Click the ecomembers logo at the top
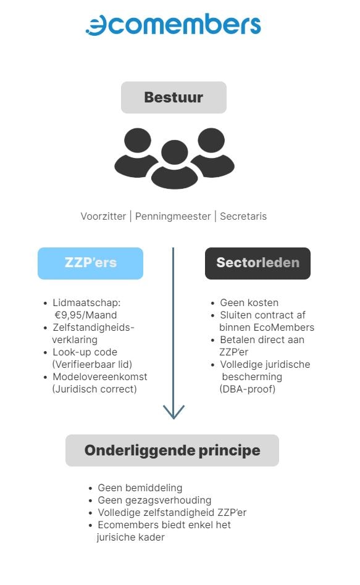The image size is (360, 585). (174, 25)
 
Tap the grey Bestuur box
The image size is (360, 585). (174, 97)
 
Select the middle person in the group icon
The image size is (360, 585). (174, 165)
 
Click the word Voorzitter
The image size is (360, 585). (104, 217)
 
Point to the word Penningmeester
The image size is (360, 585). (173, 217)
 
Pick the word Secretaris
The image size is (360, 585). (243, 217)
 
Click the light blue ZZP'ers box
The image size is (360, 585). (90, 263)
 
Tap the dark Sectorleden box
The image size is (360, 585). (257, 263)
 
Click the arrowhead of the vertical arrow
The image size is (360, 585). (174, 412)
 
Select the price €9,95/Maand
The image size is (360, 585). (85, 315)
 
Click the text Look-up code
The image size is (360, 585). (85, 352)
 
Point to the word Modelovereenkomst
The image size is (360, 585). (99, 376)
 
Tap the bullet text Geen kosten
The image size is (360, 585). (249, 302)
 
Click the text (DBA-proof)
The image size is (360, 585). (247, 389)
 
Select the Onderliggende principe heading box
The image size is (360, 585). (172, 450)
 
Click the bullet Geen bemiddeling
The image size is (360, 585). (140, 487)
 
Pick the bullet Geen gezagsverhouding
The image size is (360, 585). (154, 500)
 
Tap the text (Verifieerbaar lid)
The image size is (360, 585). (92, 364)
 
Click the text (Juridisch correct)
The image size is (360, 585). (94, 389)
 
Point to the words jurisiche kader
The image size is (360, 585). (130, 537)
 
